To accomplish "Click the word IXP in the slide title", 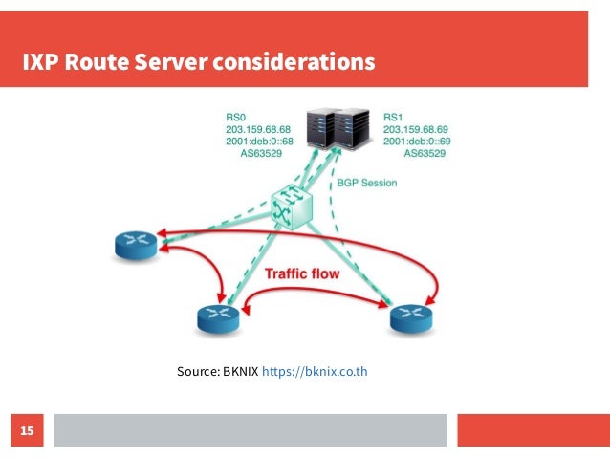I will [x=39, y=63].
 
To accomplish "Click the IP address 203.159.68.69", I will [x=420, y=127].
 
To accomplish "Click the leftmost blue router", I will [x=134, y=245].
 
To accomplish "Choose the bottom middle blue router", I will [x=220, y=316].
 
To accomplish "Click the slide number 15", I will [x=27, y=432].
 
